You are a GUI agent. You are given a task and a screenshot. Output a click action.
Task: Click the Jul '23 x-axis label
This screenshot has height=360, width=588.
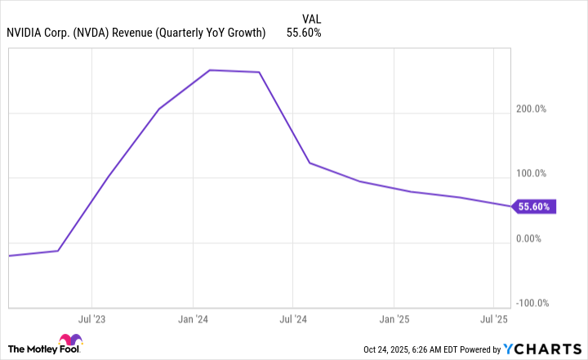coord(91,318)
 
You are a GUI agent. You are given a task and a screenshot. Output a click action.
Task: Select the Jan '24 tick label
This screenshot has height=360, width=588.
coord(192,318)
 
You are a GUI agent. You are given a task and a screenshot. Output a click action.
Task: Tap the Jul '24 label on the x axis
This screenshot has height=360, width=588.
coord(292,318)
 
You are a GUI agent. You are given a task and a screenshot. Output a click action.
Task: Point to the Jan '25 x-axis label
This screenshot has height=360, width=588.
coord(394,318)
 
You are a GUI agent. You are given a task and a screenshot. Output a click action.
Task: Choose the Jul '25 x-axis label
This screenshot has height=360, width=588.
coord(494,318)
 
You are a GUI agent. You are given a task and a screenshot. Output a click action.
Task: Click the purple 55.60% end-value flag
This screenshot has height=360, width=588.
coord(533,207)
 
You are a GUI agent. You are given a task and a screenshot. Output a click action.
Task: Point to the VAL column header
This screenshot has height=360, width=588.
coord(311,17)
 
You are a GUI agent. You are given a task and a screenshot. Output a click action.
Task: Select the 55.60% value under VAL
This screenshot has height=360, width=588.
coord(304,33)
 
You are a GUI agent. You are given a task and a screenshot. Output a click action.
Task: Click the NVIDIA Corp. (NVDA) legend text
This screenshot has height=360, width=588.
coord(136,33)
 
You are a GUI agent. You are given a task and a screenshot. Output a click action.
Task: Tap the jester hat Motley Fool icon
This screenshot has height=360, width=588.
coord(68,344)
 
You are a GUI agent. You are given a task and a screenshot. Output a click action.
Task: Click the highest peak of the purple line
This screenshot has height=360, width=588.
coord(210,70)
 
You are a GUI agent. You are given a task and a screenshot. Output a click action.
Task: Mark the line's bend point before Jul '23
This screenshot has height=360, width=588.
coord(58,251)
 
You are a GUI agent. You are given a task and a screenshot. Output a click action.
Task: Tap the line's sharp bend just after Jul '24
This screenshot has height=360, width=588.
coord(310,163)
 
